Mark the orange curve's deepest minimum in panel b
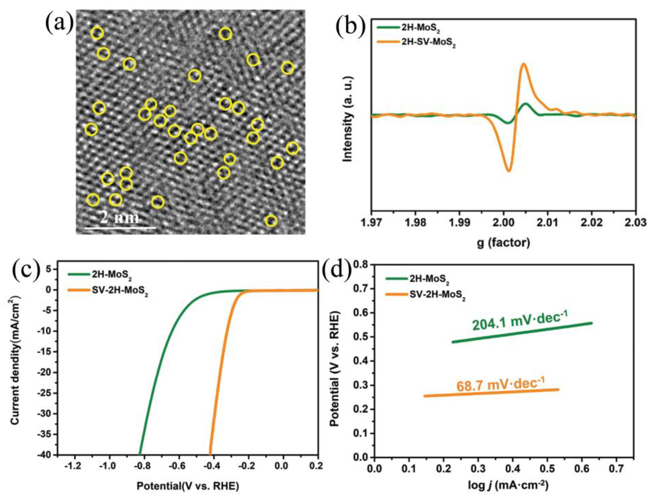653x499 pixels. (x=509, y=171)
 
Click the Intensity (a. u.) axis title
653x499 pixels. (x=347, y=119)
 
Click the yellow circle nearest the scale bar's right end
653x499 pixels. (x=158, y=202)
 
